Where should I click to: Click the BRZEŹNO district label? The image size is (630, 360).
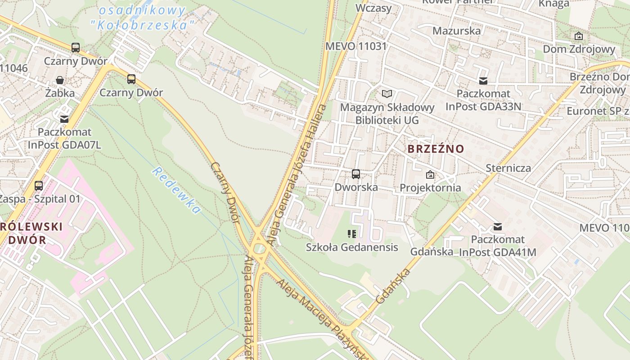[x=436, y=149]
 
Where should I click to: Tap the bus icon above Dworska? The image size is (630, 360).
[x=356, y=174]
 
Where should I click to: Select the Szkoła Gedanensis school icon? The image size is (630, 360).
[x=352, y=234]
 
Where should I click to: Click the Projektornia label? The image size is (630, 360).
[x=430, y=187]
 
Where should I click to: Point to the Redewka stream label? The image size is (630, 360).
[x=176, y=190]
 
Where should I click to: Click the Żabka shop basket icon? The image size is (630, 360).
[x=60, y=80]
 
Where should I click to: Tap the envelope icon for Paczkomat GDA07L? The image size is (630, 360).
[x=64, y=119]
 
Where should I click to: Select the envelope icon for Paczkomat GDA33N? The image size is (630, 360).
[x=483, y=81]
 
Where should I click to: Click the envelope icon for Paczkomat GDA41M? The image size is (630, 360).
[x=498, y=227]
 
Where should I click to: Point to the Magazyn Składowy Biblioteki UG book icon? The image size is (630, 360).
[x=387, y=94]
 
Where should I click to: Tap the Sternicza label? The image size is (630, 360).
[x=508, y=168]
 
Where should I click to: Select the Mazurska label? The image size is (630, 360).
[x=456, y=31]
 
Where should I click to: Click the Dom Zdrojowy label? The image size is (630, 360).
[x=579, y=49]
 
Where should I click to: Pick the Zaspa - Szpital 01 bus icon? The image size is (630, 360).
[x=39, y=185]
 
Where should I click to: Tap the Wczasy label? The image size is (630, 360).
[x=373, y=8]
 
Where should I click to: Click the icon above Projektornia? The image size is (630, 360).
[x=430, y=175]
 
